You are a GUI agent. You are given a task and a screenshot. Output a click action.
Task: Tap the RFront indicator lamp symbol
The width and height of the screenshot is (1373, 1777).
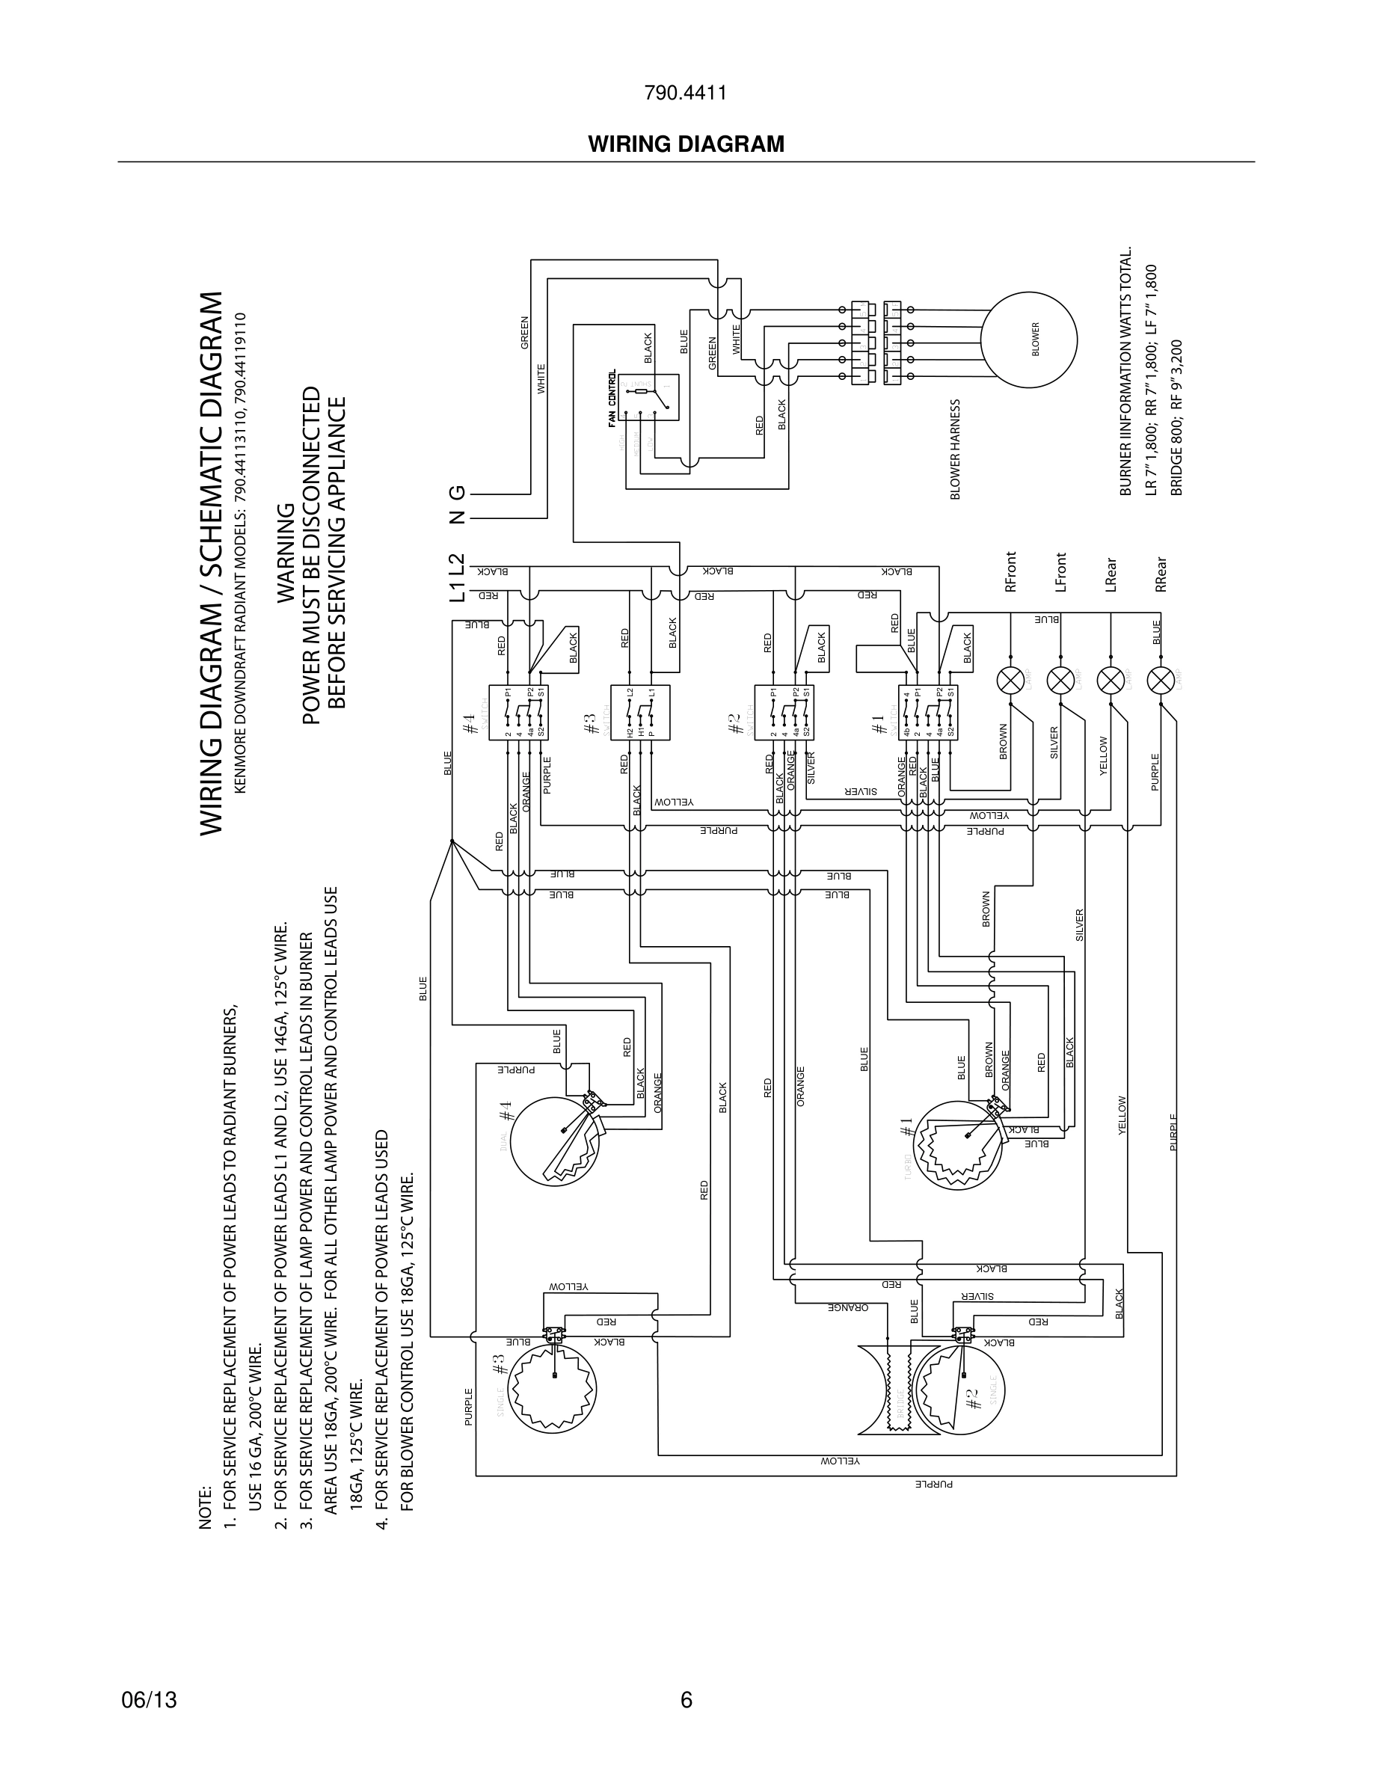pos(1010,679)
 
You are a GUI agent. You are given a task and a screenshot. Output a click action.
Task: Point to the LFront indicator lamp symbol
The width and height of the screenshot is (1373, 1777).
pos(1060,679)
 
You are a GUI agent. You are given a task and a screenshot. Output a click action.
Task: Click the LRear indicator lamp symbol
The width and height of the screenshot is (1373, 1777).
pos(1111,679)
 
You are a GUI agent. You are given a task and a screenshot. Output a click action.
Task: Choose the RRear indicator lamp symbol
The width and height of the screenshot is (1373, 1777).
pos(1160,679)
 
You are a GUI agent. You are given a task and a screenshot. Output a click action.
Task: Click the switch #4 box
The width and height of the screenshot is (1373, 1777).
pos(518,713)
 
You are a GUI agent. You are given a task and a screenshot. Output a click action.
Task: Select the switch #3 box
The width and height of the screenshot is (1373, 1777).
pos(641,713)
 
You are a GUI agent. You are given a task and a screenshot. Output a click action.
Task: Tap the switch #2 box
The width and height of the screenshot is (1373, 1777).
pos(784,713)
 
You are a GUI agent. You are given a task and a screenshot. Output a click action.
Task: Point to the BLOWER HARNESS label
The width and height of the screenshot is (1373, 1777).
pos(956,449)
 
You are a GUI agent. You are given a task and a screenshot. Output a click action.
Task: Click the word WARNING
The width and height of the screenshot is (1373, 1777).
pos(286,553)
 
